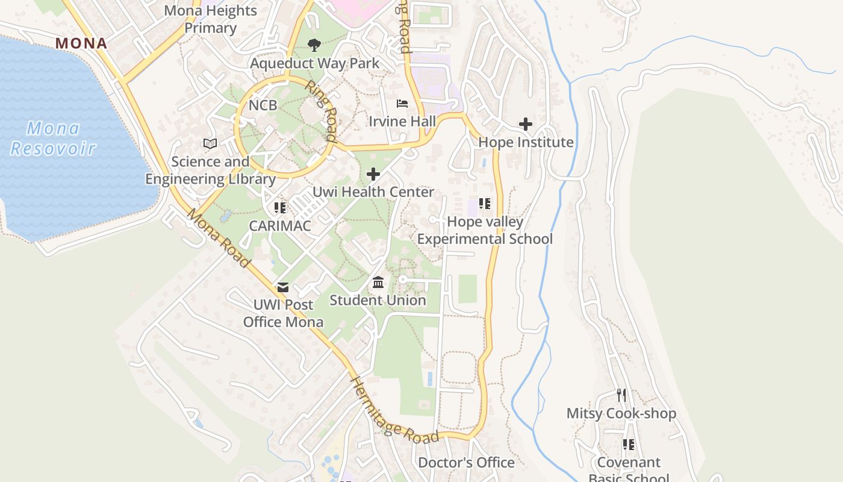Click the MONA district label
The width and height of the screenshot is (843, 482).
[81, 43]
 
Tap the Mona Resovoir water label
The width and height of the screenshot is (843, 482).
[53, 138]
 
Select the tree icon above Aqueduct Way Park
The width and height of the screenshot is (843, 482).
[314, 45]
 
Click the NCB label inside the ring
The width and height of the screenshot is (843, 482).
[263, 105]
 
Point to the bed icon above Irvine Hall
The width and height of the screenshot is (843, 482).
[402, 104]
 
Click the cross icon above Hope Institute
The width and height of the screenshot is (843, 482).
[526, 125]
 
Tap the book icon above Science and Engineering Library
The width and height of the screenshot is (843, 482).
[210, 144]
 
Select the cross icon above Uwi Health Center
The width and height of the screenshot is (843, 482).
[373, 175]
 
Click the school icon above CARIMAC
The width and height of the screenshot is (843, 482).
[280, 208]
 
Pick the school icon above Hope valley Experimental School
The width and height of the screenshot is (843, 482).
[485, 204]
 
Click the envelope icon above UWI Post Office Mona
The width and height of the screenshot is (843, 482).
[283, 287]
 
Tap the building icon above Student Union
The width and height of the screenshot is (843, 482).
[378, 282]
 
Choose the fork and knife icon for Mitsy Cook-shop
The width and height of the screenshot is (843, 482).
[621, 395]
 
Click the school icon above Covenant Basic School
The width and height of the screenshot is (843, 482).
[629, 445]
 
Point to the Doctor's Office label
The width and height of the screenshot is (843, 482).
[466, 463]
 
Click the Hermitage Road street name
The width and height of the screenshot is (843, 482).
[394, 412]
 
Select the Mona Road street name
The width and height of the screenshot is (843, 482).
[218, 238]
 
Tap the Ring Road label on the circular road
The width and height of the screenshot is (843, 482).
[320, 111]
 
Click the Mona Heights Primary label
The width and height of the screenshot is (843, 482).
[210, 19]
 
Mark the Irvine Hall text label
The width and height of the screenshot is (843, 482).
[402, 122]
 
